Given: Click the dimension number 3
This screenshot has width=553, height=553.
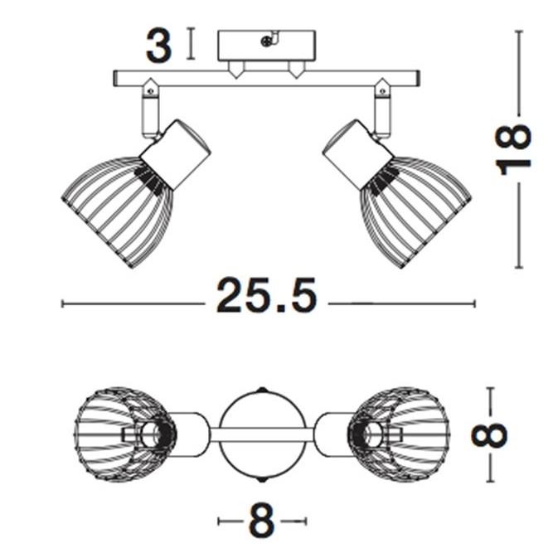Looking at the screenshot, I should pos(159,46).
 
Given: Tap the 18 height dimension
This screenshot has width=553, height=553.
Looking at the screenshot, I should pos(515,149).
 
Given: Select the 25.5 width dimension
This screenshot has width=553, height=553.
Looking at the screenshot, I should pos(266,296).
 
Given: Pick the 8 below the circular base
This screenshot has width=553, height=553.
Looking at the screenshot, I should pos(261,522).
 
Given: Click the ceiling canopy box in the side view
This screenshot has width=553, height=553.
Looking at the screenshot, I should pos(266,46).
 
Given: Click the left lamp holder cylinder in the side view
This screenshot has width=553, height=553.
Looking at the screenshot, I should pos(176,155).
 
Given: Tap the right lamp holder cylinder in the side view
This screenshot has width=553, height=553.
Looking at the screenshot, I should pos(357,155).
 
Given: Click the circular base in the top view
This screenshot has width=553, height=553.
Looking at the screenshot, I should pos(262,434).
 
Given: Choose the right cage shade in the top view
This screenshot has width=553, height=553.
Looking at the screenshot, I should pos(401,434).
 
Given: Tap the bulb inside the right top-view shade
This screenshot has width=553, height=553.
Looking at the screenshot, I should pos(373,433).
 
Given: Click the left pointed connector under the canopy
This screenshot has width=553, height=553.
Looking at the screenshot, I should pos(236,70).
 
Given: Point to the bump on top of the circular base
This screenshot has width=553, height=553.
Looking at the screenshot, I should pos(262,389).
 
